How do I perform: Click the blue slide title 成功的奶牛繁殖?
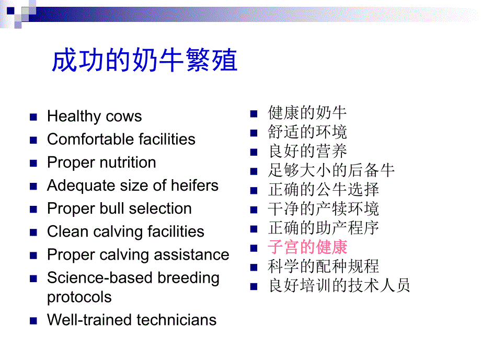click(144, 61)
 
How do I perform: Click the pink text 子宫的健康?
click(307, 247)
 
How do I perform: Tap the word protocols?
click(79, 297)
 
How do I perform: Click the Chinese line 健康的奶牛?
click(307, 112)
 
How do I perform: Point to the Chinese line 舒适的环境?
click(307, 132)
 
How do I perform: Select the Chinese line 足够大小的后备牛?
click(331, 170)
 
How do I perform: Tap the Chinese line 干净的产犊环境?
click(324, 208)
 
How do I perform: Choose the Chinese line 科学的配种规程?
click(324, 266)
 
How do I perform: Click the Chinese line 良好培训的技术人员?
click(339, 285)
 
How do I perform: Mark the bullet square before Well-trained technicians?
click(34, 320)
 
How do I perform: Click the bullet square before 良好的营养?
click(254, 152)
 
